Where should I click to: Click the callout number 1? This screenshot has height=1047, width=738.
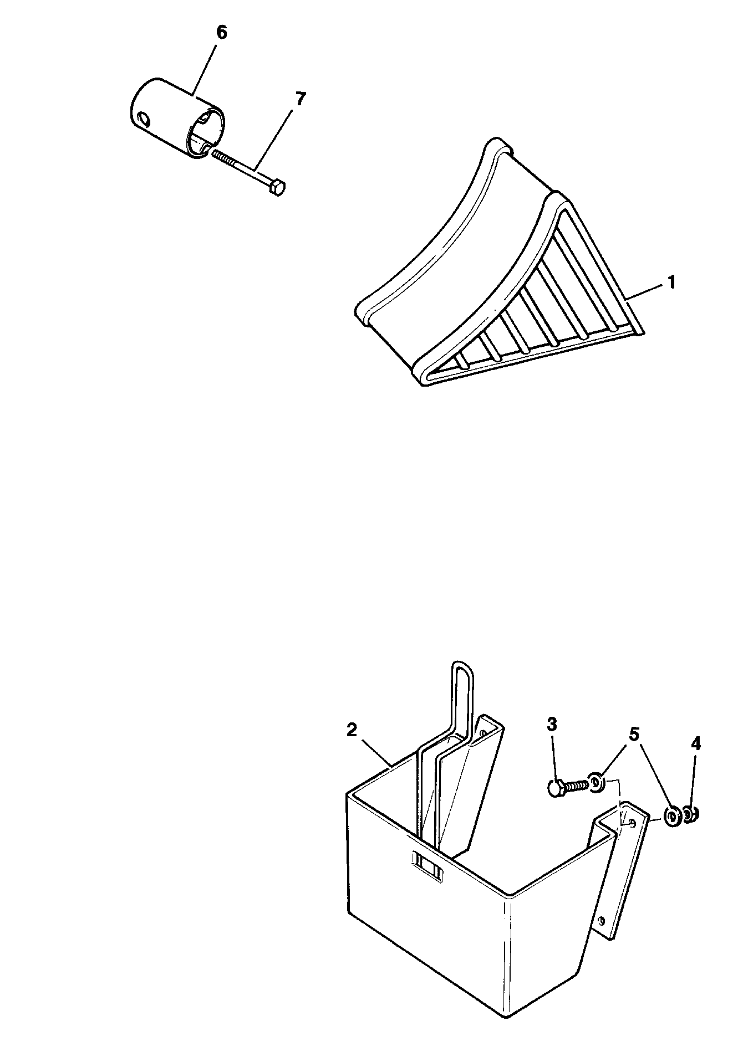pyautogui.click(x=671, y=283)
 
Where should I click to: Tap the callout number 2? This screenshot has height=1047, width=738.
pyautogui.click(x=351, y=730)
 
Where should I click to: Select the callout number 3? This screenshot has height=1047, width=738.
pyautogui.click(x=552, y=724)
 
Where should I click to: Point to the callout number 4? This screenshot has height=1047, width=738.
pyautogui.click(x=696, y=743)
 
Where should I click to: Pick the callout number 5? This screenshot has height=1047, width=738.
pyautogui.click(x=634, y=735)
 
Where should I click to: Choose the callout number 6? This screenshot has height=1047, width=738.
pyautogui.click(x=221, y=33)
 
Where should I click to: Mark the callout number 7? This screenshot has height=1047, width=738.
pyautogui.click(x=300, y=99)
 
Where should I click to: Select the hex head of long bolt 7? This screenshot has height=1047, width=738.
pyautogui.click(x=278, y=188)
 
